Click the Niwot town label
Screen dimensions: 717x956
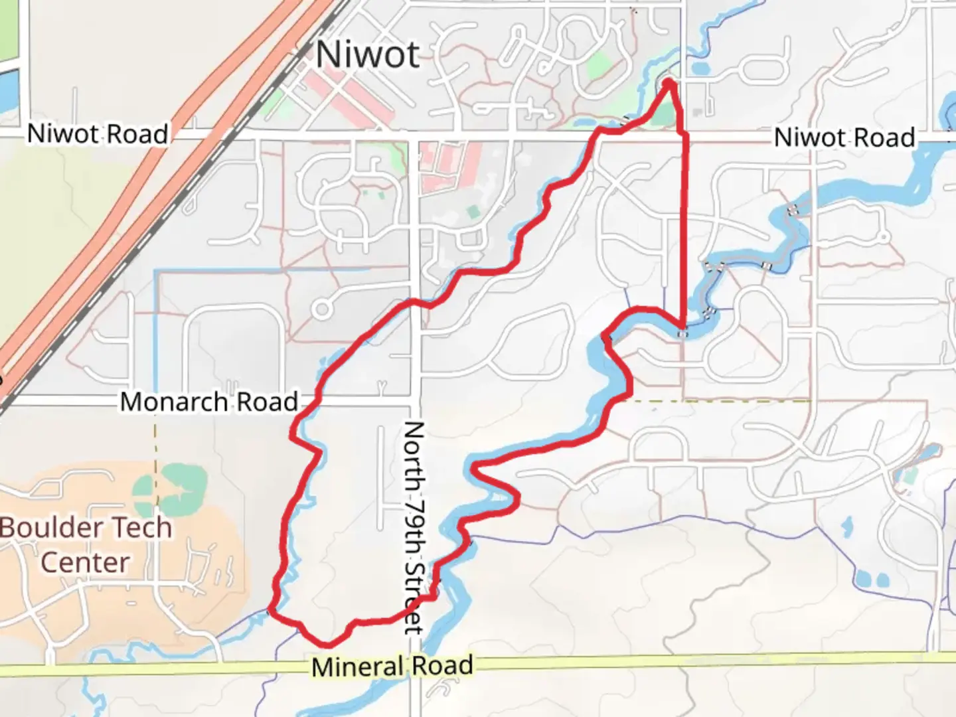tap(367, 54)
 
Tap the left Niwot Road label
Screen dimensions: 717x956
tap(98, 134)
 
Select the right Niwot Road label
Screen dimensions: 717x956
tap(844, 138)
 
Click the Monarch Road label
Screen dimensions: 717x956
tap(208, 402)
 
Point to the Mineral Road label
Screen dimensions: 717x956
tap(392, 666)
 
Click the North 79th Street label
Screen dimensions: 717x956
tap(413, 527)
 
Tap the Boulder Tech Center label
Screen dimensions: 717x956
tap(86, 544)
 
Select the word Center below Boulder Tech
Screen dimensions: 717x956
tap(85, 562)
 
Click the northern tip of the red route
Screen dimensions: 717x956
tap(669, 82)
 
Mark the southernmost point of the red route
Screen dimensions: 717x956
tap(326, 645)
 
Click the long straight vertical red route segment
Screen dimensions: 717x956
tap(684, 232)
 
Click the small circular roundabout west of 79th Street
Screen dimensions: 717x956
tap(323, 308)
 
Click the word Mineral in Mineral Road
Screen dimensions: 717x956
tap(357, 667)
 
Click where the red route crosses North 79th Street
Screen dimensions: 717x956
tap(413, 302)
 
